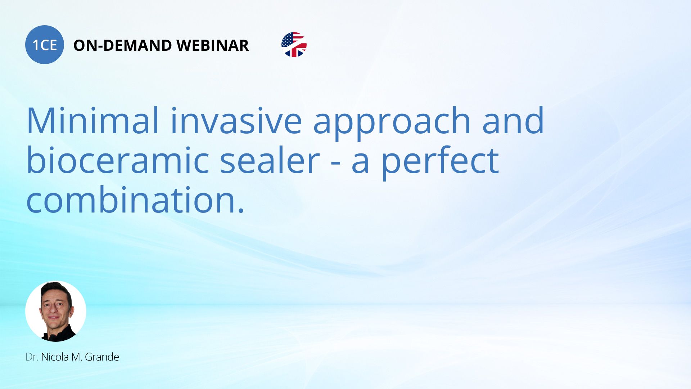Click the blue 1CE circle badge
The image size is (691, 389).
pos(45,45)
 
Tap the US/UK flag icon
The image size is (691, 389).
pos(294,45)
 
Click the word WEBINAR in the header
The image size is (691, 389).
pos(213,45)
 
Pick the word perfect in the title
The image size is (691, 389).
pos(440,162)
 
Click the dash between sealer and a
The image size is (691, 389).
pos(335,163)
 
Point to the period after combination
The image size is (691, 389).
pos(241,210)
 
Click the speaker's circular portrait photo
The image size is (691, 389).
pos(56,311)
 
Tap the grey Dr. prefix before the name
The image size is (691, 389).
pos(32,357)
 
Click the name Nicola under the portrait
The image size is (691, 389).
pos(55,357)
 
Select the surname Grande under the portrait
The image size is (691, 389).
pos(102,357)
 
